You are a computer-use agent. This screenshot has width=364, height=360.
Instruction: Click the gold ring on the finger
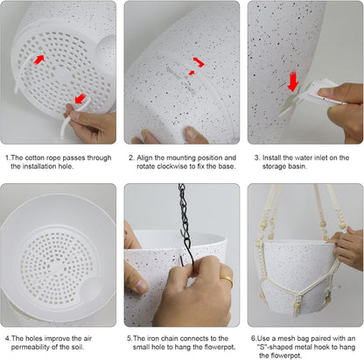[x=227, y=280]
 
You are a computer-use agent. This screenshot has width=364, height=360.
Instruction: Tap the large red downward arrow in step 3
[x=293, y=81]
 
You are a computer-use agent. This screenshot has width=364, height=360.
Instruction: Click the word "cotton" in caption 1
[x=36, y=158]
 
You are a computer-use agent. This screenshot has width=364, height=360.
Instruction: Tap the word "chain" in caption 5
[x=169, y=338]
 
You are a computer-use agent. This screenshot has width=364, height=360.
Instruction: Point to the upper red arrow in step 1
[x=39, y=60]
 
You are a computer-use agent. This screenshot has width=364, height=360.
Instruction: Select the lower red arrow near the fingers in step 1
[x=80, y=98]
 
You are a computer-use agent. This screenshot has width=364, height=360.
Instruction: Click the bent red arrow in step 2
[x=199, y=62]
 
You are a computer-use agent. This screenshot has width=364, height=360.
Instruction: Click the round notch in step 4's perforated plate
[x=91, y=288]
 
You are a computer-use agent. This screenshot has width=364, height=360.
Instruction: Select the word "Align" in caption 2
[x=144, y=158]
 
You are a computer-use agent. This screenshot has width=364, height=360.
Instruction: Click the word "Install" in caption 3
[x=272, y=158]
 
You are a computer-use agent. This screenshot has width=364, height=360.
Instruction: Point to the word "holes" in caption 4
[x=34, y=338]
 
